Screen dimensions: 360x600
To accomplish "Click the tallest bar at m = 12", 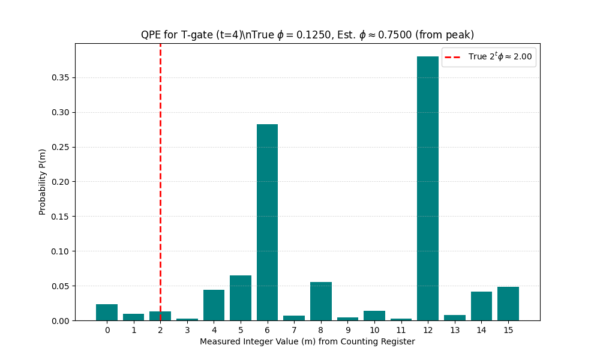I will [x=428, y=188].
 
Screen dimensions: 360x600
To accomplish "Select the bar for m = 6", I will [x=267, y=222].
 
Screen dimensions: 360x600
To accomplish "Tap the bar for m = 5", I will [x=241, y=298].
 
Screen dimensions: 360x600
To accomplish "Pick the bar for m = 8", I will [x=321, y=301].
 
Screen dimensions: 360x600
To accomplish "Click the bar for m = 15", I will [x=508, y=304].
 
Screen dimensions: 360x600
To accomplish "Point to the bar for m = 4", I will [x=214, y=305].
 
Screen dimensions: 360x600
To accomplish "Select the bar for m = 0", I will [x=107, y=313].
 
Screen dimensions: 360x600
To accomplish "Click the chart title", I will [x=307, y=35].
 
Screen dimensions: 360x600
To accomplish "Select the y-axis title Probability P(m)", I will [x=43, y=182].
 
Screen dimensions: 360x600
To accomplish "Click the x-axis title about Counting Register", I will [x=307, y=342].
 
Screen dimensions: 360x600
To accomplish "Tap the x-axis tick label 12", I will [x=428, y=330].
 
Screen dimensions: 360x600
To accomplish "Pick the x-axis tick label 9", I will [x=347, y=330].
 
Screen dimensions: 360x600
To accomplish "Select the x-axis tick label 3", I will [x=187, y=330].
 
